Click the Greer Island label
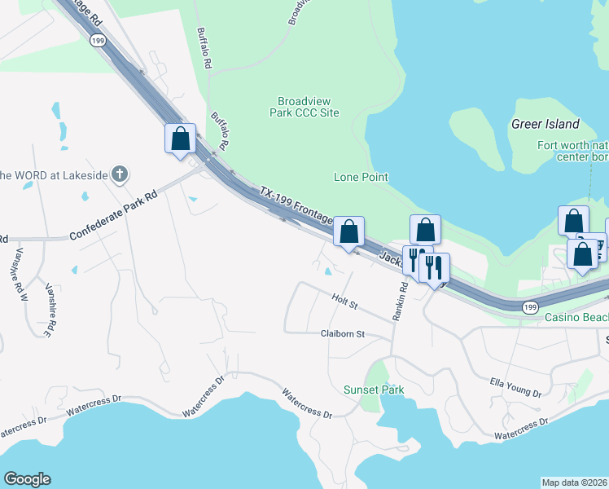coord(545,125)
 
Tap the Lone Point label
coord(361,177)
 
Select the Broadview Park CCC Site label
coord(304,107)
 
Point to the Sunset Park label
coord(374,390)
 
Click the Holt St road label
coord(345,302)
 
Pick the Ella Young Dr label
coord(515,385)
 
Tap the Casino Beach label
coord(576,317)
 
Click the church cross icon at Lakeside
coord(120,174)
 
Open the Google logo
coord(27,479)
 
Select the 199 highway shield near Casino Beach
coord(529,306)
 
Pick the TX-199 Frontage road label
coord(296,205)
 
